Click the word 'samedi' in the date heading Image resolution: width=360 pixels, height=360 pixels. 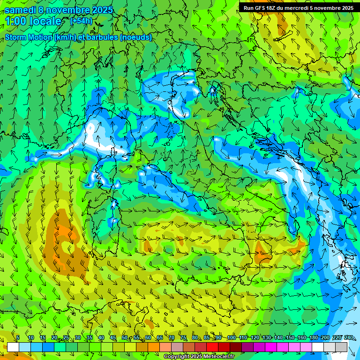point(22,9)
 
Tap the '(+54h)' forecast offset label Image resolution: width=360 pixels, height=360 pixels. point(81,21)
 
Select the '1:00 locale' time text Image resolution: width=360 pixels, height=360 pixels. point(33,21)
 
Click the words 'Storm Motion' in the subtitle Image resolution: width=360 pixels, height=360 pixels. point(29,37)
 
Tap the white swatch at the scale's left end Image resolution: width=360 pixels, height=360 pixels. point(13,347)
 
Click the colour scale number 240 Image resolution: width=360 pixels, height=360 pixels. point(349,338)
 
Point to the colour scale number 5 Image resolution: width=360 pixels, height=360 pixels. point(18,338)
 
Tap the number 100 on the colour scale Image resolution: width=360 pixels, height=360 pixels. point(232,338)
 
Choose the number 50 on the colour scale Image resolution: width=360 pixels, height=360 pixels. point(125,338)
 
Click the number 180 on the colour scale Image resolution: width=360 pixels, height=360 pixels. point(314,338)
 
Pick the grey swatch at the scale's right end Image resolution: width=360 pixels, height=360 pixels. point(341,347)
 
